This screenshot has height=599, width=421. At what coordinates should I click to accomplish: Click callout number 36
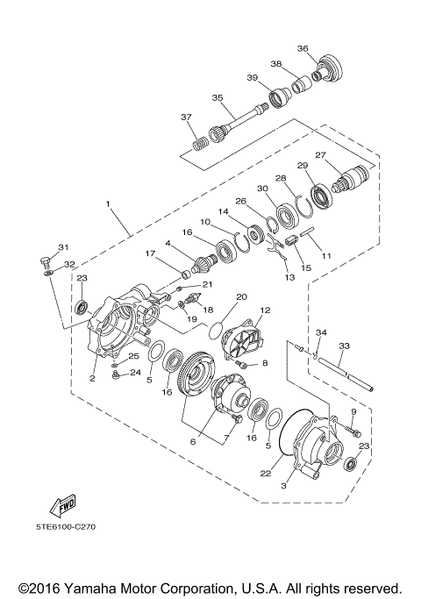(302, 48)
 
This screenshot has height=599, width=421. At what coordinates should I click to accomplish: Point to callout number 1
(108, 203)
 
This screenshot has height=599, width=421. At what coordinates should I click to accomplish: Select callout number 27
(320, 156)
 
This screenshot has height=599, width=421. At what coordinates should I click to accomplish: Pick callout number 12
(265, 310)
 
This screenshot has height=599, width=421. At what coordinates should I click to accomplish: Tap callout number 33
(345, 346)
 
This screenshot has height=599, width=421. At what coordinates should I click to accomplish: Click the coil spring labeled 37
(201, 139)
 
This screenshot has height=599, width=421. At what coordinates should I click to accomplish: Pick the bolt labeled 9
(353, 431)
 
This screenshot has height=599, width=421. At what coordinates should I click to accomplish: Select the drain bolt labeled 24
(115, 376)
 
